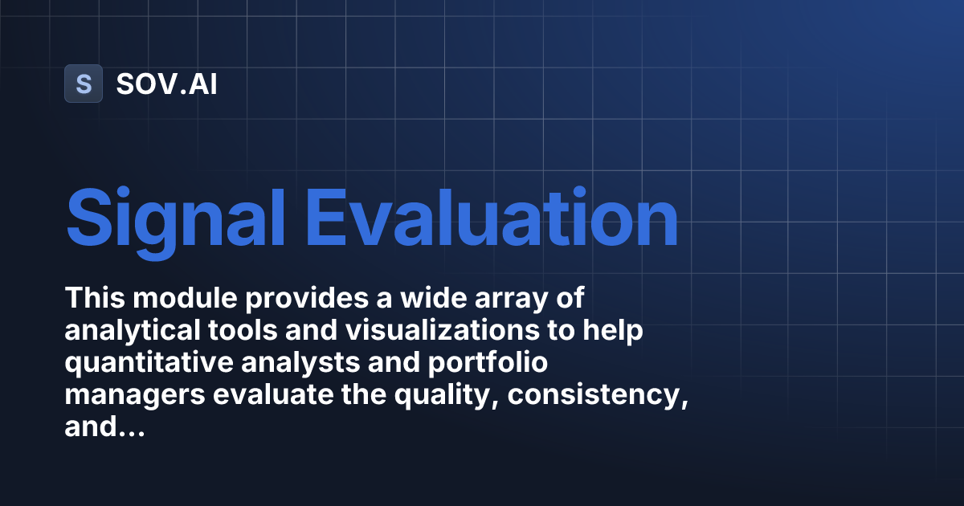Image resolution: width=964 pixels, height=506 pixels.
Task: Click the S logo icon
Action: click(84, 84)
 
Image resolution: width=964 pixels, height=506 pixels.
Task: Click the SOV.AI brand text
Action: click(166, 84)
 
